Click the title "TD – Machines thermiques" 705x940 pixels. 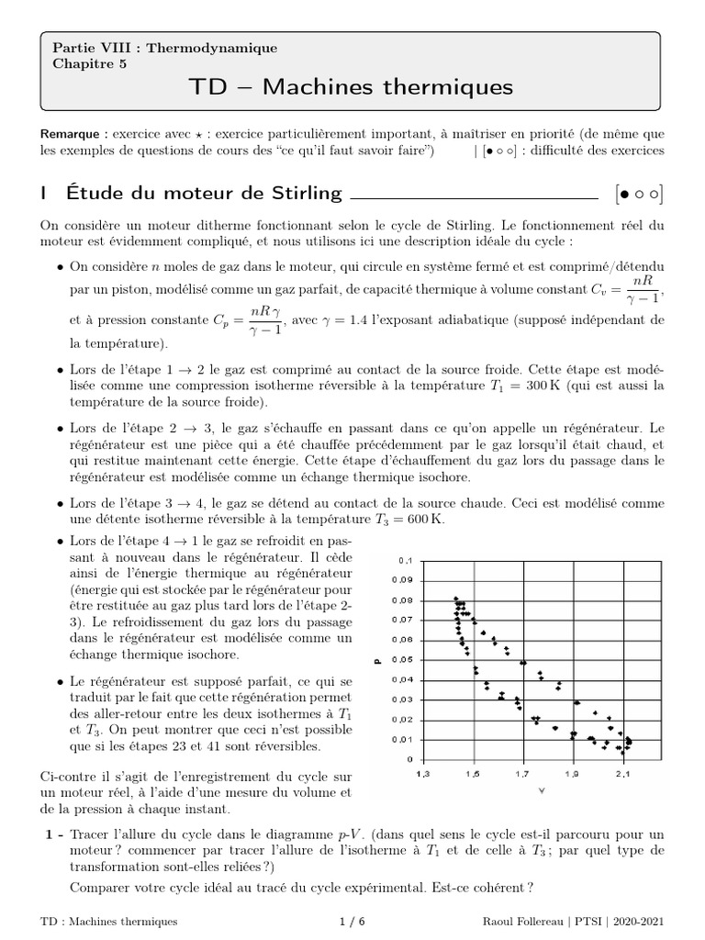352,87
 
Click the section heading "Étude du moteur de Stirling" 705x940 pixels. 203,193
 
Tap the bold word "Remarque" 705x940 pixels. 72,133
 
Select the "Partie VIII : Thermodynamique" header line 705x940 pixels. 164,48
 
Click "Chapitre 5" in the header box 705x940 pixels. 90,63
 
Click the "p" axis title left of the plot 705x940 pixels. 376,659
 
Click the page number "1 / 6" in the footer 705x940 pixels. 352,921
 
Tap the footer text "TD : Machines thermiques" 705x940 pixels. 109,921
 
